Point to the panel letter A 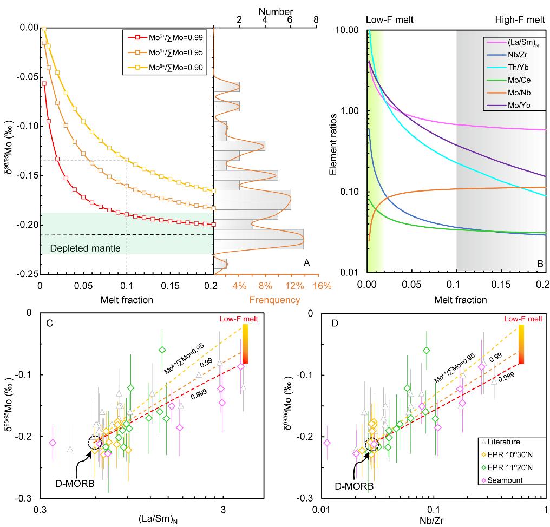[x=306, y=263]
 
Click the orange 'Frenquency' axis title [x=273, y=299]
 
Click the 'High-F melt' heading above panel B [x=520, y=20]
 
